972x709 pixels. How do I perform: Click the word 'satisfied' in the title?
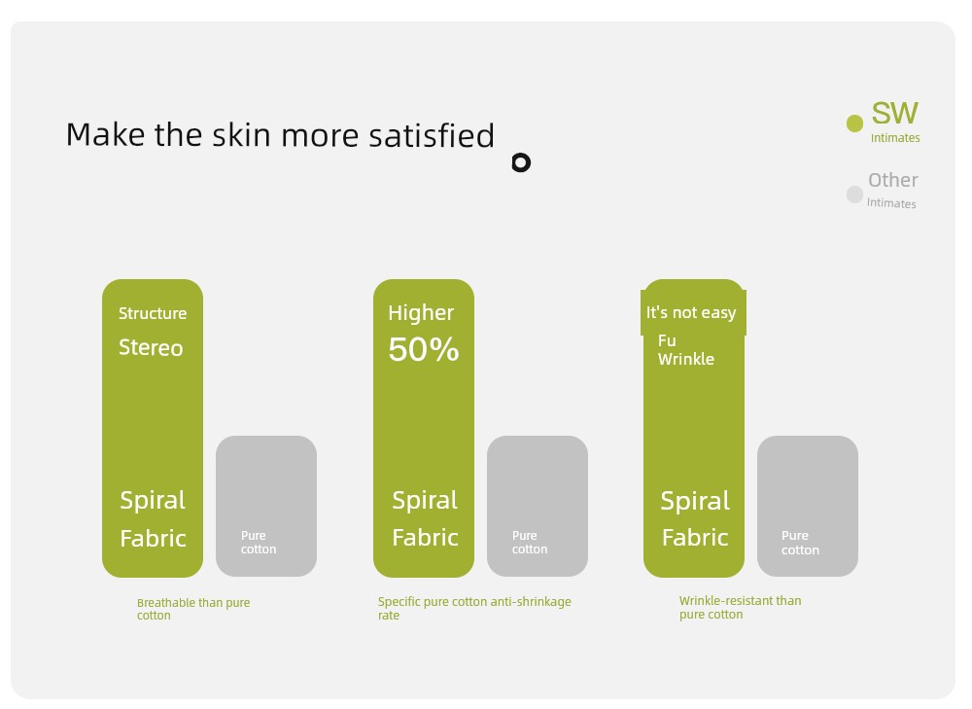(432, 134)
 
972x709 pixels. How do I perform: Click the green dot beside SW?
(854, 124)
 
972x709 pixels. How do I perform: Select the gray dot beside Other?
(854, 195)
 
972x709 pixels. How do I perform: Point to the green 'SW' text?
(894, 113)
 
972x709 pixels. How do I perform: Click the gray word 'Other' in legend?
(892, 180)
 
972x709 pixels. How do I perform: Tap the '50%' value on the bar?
(424, 349)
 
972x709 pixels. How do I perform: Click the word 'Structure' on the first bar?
(153, 313)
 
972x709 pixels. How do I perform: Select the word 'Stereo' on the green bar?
(151, 347)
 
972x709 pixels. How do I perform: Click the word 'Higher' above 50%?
(421, 313)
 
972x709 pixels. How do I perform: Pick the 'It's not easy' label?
(691, 312)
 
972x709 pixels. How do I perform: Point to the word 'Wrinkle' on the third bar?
(685, 359)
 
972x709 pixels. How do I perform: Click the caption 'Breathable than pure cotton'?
(193, 609)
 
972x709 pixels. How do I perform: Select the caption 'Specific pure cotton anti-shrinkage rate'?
(475, 608)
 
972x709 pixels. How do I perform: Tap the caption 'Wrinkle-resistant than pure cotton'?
(740, 607)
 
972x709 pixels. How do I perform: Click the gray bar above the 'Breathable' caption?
(266, 506)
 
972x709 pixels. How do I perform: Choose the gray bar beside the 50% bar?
(538, 506)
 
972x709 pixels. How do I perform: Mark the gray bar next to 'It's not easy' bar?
(808, 506)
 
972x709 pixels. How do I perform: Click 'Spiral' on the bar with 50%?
(425, 500)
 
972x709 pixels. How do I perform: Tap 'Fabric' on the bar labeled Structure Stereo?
(154, 538)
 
